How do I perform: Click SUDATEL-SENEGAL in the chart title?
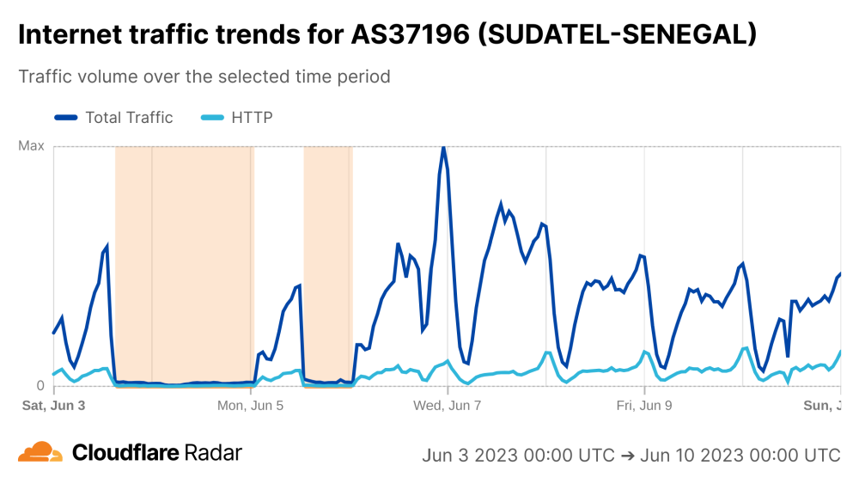coord(617,34)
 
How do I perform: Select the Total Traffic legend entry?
coord(129,118)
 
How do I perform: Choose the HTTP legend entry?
coord(252,118)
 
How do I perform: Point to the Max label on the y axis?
coord(31,146)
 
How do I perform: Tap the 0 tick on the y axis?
coord(39,386)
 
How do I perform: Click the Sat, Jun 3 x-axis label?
coord(53,405)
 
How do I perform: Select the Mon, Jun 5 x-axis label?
coord(251,405)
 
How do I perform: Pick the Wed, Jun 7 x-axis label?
coord(448,405)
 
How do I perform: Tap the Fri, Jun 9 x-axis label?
coord(644,405)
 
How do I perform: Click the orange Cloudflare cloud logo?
coord(40,453)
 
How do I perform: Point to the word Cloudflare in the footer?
coord(125,453)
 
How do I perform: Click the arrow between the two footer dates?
coord(627,455)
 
